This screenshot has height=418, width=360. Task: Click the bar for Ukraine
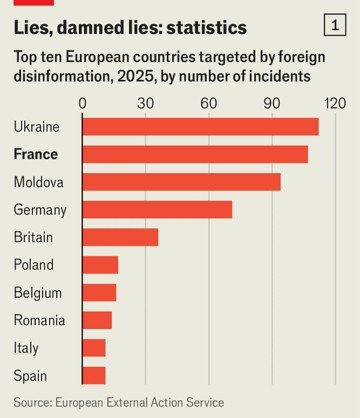tap(200, 127)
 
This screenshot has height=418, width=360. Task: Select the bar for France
tap(195, 154)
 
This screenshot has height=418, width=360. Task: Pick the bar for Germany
tap(157, 210)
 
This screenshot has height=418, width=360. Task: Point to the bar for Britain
tap(120, 237)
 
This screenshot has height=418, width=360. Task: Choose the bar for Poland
tap(100, 265)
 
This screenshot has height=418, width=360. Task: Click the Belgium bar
tap(99, 292)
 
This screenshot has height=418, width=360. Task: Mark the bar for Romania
tap(97, 320)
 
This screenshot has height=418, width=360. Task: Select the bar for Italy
tap(94, 347)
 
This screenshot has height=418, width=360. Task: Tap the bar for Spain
tap(94, 375)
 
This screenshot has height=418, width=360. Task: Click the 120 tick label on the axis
tap(334, 102)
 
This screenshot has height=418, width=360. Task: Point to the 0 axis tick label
tap(82, 102)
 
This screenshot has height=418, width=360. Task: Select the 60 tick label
tap(208, 102)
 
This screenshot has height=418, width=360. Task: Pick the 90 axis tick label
tap(271, 102)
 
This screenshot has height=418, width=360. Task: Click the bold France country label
tap(36, 155)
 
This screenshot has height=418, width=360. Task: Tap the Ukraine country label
tap(37, 127)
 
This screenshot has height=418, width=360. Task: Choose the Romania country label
tap(40, 320)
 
